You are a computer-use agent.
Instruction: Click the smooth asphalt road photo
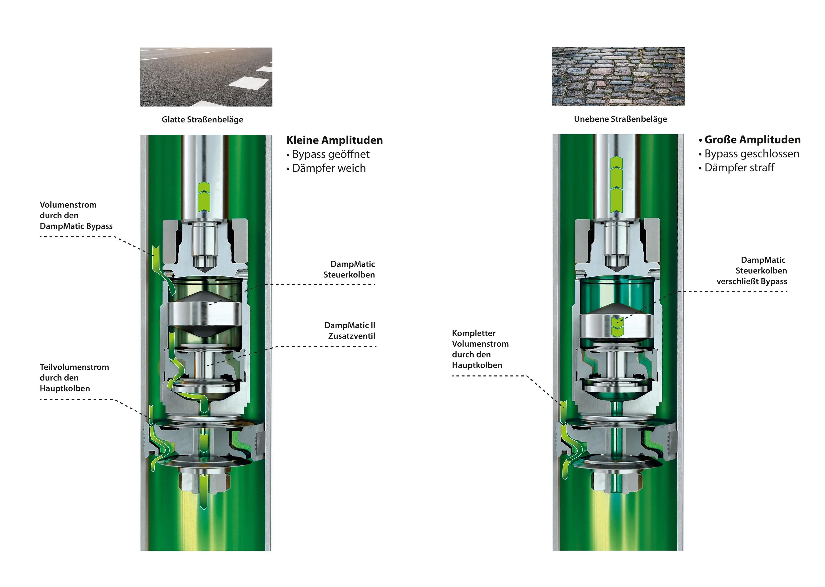click(x=206, y=77)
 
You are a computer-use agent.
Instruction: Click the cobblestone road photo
click(x=618, y=76)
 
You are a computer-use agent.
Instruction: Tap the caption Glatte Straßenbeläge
click(x=202, y=119)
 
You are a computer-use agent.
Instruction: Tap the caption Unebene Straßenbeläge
click(x=620, y=119)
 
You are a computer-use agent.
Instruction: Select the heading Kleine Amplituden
click(x=335, y=140)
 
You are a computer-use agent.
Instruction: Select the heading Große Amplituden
click(x=752, y=140)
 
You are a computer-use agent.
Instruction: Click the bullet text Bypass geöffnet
click(x=331, y=154)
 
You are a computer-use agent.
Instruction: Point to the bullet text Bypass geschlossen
click(x=752, y=154)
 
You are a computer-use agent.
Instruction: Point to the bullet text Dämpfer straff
click(x=739, y=168)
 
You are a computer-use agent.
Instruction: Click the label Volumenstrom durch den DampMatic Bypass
click(x=76, y=215)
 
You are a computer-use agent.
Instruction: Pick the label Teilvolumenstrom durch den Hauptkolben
click(x=74, y=378)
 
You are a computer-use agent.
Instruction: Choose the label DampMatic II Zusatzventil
click(x=350, y=331)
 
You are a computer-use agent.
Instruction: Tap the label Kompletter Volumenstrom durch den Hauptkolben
click(x=480, y=349)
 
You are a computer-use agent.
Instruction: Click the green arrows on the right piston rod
click(x=617, y=185)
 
